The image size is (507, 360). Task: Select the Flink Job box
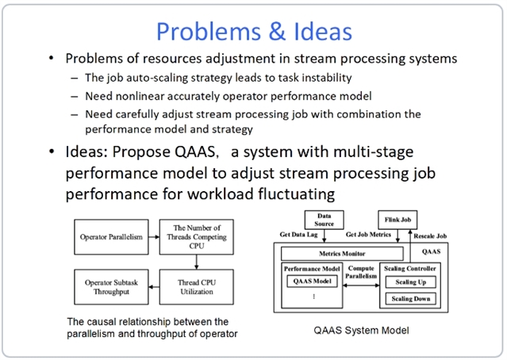[x=397, y=220]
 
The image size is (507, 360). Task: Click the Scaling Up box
[x=410, y=281]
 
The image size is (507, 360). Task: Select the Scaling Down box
[x=410, y=299]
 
